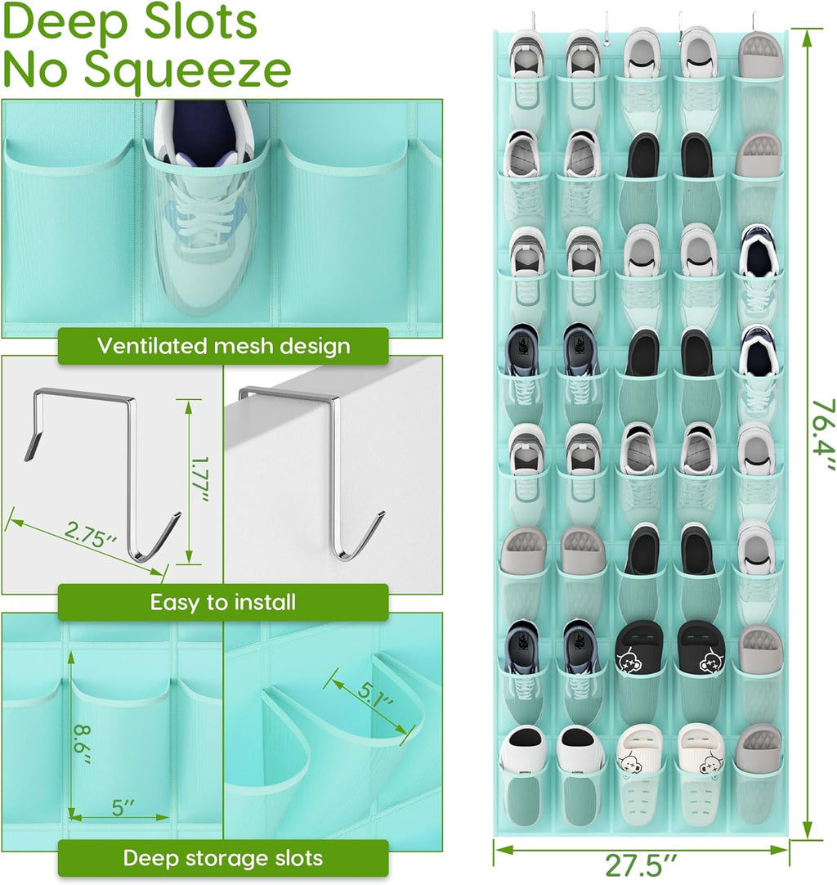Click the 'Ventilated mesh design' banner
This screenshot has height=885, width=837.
(x=223, y=345)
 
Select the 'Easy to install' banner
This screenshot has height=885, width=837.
(x=223, y=603)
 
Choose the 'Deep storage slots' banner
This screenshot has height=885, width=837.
(x=223, y=858)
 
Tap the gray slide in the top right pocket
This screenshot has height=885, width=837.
(x=759, y=55)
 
